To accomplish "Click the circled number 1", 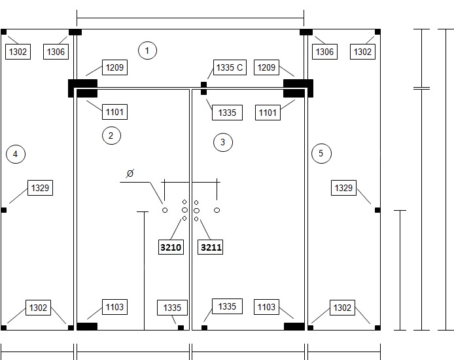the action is coord(147,50).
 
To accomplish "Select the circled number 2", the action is coord(111,135).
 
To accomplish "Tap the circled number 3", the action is coord(223,142).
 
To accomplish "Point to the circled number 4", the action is coord(16,154).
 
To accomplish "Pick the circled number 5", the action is coord(321,154).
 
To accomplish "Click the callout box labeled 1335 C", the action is coord(230,67).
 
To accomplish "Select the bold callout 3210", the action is coord(171,247).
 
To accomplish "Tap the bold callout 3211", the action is coord(210,247).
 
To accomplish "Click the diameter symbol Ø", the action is coord(130,173).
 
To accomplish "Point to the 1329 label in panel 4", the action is coord(41,188).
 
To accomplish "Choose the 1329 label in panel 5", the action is coord(343,188).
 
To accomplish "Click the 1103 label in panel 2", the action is coord(114,307).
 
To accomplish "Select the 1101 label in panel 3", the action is coord(268,113).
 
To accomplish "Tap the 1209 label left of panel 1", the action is coord(114,67).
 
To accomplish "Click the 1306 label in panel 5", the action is coord(325,52).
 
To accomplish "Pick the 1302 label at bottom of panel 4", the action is coord(38,308).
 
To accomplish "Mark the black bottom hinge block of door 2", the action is coord(87,327).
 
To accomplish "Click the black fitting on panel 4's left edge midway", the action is coord(4,210).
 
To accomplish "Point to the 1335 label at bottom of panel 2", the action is coord(172,308).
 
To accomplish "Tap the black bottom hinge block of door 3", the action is coord(294,327).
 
